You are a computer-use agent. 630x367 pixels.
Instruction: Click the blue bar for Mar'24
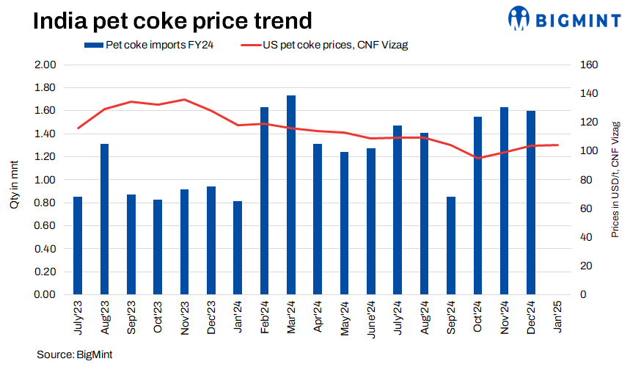(291, 195)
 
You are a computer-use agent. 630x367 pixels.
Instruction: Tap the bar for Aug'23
(105, 219)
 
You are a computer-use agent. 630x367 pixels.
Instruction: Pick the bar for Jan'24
(238, 247)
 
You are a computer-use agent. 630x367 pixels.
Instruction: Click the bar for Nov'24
(505, 200)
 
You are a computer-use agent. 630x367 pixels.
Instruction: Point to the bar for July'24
(398, 210)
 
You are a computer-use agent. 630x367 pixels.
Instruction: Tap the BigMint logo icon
(521, 18)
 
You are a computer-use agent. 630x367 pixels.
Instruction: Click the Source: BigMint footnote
(76, 355)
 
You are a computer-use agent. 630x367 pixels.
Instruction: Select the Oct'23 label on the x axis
(158, 317)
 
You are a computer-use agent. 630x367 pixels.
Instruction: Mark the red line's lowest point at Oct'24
(478, 158)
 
